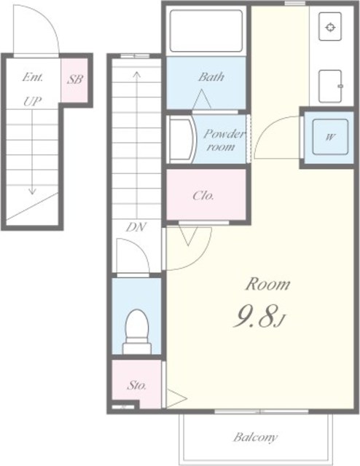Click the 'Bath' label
211,77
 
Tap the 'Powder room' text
224,140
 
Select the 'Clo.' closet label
203,196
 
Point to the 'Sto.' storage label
137,385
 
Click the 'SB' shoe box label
74,79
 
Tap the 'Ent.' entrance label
33,77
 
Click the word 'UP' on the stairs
32,102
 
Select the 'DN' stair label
136,227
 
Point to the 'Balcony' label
255,437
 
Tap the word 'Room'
267,284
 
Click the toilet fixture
137,331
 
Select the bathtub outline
206,31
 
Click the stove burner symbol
330,27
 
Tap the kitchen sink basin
330,86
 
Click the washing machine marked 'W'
330,137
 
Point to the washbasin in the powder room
181,140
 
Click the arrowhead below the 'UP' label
32,191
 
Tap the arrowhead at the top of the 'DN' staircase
136,74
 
